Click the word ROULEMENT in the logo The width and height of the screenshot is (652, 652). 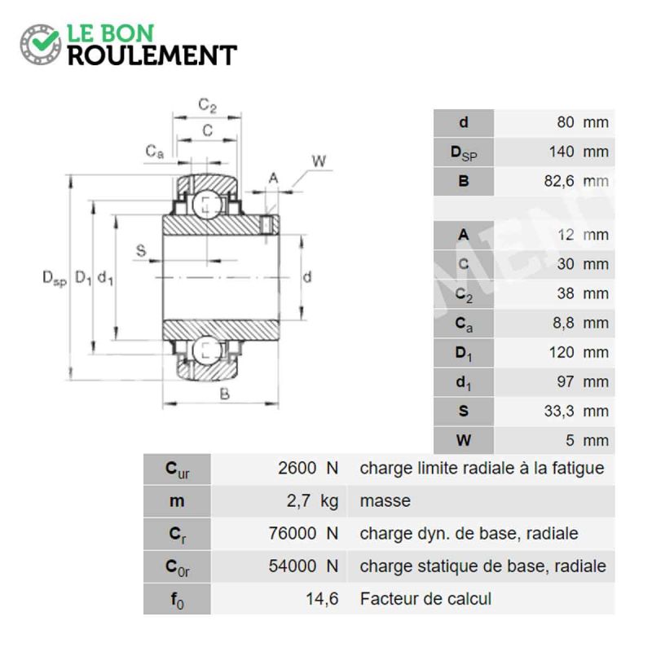[152, 55]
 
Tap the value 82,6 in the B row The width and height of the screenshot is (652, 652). [559, 181]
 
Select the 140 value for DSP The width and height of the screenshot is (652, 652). [562, 152]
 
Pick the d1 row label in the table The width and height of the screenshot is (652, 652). [464, 382]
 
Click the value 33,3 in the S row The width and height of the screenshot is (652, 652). [559, 412]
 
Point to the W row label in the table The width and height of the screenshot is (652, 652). [464, 440]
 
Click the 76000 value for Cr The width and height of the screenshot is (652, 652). [293, 534]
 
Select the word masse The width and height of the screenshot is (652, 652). [385, 501]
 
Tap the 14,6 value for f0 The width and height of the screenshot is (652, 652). [322, 599]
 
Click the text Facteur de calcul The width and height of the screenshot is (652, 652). [425, 599]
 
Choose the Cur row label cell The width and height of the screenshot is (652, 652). [177, 469]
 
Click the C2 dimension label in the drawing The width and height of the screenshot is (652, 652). [208, 105]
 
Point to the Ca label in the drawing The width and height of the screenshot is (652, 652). [155, 152]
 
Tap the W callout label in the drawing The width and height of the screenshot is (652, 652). [319, 161]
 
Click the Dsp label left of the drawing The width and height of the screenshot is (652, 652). [55, 278]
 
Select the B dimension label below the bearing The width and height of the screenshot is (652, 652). [225, 394]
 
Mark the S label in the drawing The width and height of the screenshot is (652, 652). [141, 251]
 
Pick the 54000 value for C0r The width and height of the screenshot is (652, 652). [293, 566]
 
